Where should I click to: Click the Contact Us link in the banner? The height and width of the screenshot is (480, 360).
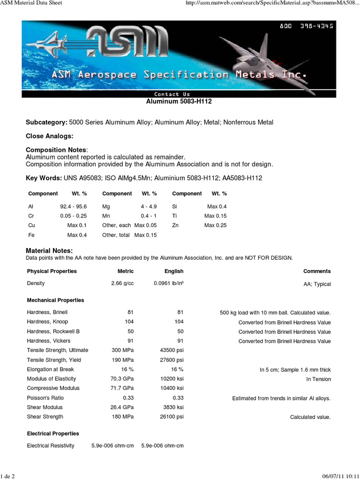coord(172,94)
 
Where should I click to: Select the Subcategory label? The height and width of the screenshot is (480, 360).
coord(46,122)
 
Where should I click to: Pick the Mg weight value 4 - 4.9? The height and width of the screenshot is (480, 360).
coord(149,206)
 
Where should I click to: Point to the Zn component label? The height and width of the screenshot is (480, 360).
coord(175,225)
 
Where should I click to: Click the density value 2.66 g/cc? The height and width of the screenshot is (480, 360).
coord(122,284)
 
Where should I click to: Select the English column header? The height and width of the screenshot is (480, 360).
coord(174,271)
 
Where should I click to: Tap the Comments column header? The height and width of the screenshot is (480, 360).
coord(317,271)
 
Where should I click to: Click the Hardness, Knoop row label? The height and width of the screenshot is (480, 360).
coord(47,322)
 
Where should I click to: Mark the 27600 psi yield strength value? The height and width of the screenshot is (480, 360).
coord(172,360)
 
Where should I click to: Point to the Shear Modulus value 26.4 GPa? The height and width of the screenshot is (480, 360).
coord(122,407)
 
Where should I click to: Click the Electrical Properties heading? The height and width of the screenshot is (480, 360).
coord(53,434)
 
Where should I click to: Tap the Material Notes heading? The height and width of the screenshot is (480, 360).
coord(49,251)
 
